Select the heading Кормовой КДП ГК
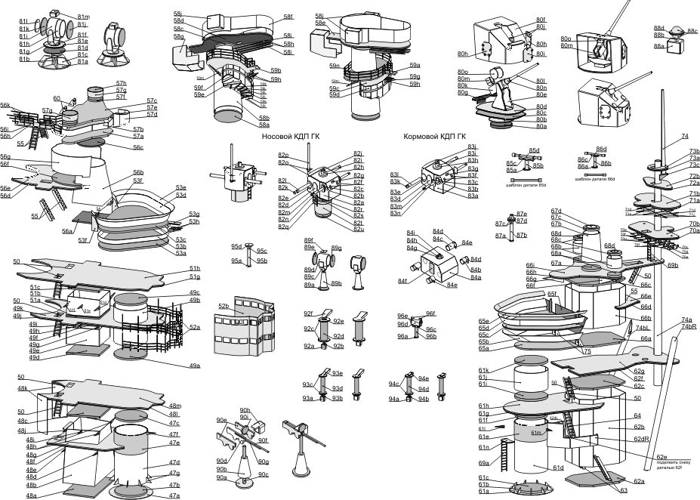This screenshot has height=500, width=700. tap(433, 137)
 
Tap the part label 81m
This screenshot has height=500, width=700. tap(83, 17)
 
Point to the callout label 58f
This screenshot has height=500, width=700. tap(288, 16)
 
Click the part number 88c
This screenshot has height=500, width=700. tap(692, 32)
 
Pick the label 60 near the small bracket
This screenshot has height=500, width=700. tap(57, 99)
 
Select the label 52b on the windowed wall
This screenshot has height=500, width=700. tap(224, 307)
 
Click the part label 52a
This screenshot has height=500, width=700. tap(194, 327)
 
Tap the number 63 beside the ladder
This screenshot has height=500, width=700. tap(624, 491)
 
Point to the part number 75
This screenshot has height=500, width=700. tap(587, 351)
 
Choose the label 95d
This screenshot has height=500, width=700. tap(236, 247)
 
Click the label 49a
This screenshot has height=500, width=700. tap(194, 366)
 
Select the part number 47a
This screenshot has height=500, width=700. tap(174, 495)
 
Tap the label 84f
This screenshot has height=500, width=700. tap(405, 282)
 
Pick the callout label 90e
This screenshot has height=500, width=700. tap(222, 420)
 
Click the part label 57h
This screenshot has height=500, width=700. tap(121, 83)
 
